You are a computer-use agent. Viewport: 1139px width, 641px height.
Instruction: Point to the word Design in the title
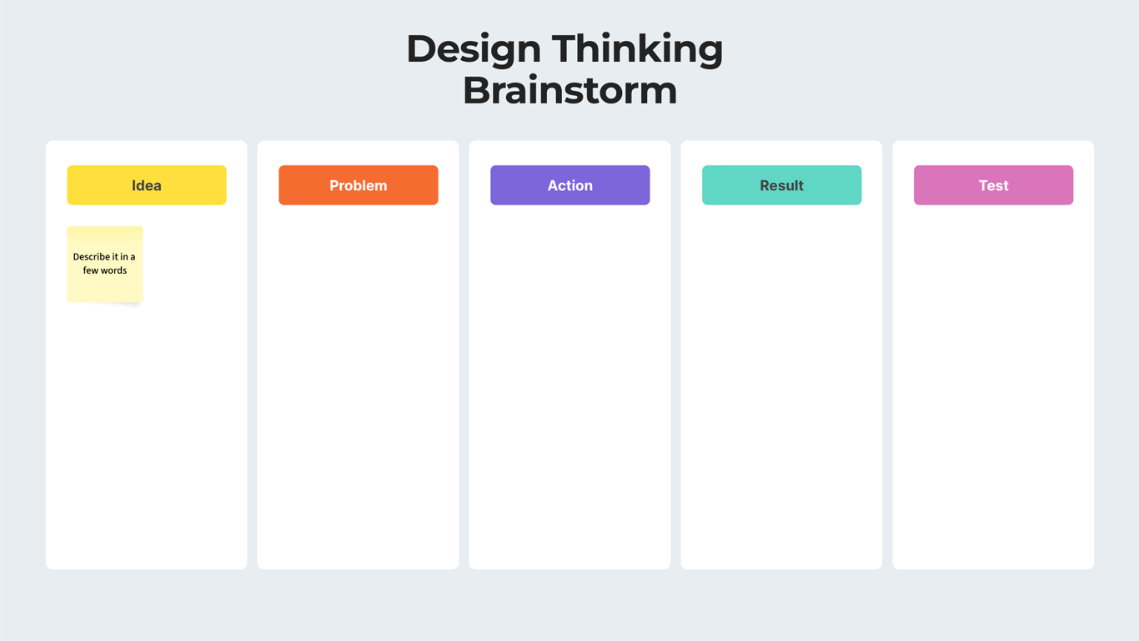473,49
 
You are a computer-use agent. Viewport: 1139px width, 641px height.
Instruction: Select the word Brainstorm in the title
569,90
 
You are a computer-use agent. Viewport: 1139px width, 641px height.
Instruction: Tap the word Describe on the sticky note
91,257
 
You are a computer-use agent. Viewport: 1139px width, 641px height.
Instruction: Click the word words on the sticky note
113,270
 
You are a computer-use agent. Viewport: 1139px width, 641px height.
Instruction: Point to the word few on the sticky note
90,270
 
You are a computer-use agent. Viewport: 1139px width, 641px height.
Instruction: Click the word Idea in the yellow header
147,185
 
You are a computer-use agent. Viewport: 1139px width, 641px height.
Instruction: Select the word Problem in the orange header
359,185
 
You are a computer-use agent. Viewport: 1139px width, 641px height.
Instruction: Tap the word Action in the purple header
570,185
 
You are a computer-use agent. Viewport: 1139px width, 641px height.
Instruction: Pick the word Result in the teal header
782,185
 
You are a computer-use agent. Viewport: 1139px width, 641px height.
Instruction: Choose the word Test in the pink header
994,185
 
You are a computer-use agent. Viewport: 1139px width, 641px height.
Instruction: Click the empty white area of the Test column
993,384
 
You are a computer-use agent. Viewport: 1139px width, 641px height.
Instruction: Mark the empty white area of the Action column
569,384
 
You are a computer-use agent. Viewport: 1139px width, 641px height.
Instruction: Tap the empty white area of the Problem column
358,384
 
